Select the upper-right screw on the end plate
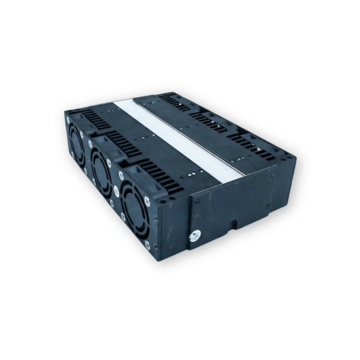tap(274, 173)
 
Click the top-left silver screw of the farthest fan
tap(68, 121)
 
